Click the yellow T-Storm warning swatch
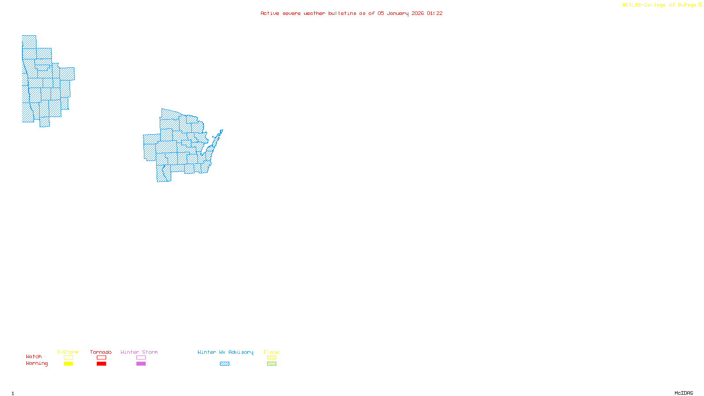[68, 364]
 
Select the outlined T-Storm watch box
[68, 358]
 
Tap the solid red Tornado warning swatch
[101, 364]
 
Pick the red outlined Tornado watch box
[101, 358]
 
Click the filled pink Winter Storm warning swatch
[141, 364]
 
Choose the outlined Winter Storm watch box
[141, 358]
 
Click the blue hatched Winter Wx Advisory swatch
[224, 364]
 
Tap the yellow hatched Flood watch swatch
[271, 358]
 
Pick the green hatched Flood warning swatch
[271, 364]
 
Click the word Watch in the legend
[33, 357]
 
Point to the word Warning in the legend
[37, 363]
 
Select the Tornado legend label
[101, 352]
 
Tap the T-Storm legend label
[68, 352]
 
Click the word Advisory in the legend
[241, 352]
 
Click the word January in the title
[398, 13]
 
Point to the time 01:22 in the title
[435, 13]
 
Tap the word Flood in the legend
[271, 352]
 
